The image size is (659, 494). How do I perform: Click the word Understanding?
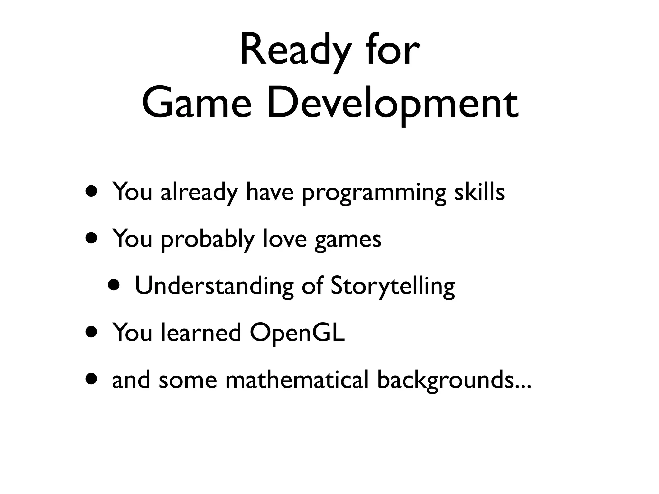(214, 286)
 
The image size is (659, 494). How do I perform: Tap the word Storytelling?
(393, 286)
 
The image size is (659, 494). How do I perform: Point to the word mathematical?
(296, 380)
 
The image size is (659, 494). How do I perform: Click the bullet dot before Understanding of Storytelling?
(115, 285)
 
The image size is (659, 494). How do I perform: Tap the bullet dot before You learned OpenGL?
(92, 332)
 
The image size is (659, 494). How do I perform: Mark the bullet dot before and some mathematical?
(92, 379)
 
